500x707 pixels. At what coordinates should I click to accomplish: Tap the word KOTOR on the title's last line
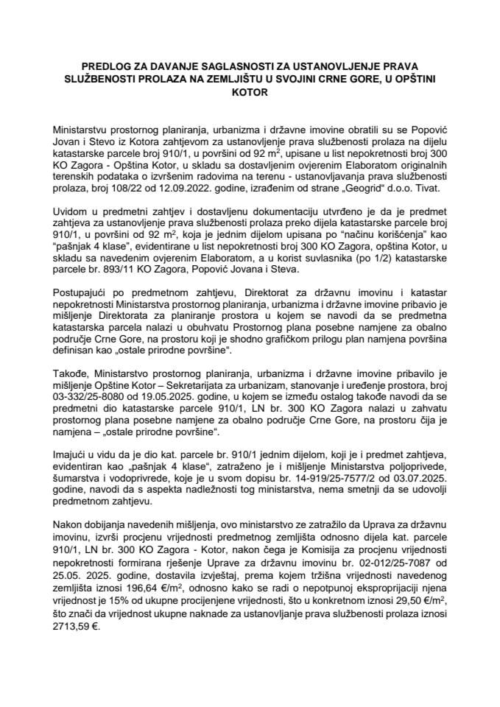click(250, 94)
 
